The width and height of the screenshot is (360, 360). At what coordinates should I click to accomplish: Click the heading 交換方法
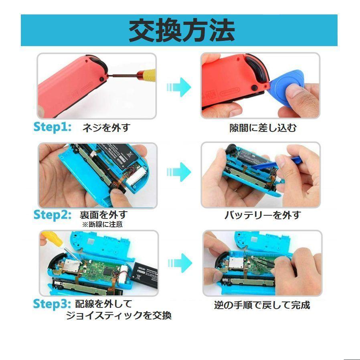181,30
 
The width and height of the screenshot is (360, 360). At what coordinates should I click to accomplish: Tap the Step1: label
52,127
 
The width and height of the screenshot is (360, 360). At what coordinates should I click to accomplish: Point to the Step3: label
52,303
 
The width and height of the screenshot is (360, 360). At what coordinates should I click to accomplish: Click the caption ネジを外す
106,128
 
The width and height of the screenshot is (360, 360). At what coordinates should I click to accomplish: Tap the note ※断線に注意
102,224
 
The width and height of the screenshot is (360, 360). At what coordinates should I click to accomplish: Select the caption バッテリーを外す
262,215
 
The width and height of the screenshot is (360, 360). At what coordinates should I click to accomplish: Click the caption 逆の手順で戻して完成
262,305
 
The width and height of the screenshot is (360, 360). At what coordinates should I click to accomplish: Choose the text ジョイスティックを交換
119,316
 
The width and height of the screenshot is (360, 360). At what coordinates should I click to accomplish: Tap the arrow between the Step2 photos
179,172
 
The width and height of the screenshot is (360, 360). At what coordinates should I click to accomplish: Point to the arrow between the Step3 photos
179,263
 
